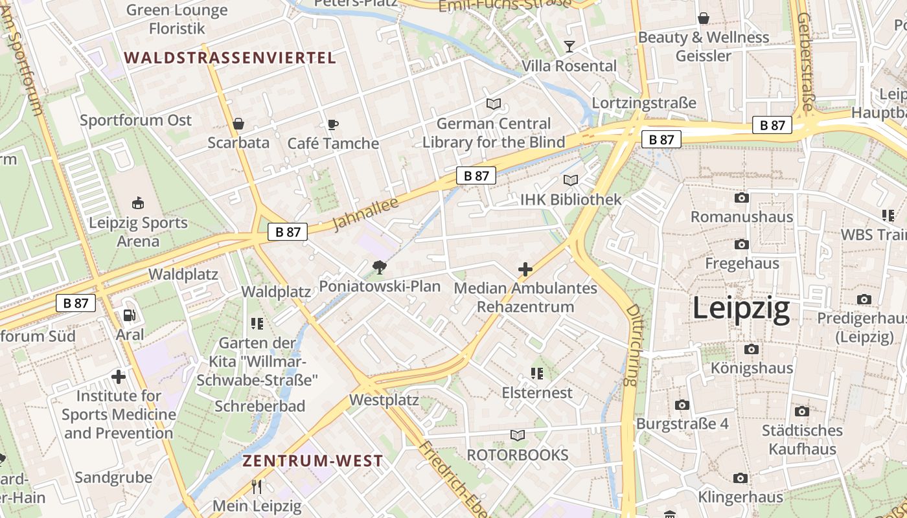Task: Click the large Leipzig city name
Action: [x=741, y=309]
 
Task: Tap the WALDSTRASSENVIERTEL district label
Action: [x=230, y=58]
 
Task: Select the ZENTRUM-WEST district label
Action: [x=312, y=461]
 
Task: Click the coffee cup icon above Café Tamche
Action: [x=332, y=124]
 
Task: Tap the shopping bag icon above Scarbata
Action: [x=238, y=124]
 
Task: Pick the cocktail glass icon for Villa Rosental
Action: [x=569, y=46]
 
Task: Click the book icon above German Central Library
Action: [x=494, y=104]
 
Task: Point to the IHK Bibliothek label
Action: [x=571, y=199]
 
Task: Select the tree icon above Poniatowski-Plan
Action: [x=380, y=267]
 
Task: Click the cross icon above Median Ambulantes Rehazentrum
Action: [x=525, y=269]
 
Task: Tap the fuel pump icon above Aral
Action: [x=130, y=315]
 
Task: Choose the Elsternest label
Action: [x=537, y=393]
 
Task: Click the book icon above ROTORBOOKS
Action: [x=517, y=435]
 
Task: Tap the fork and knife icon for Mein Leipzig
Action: [x=257, y=486]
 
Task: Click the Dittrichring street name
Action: [x=632, y=345]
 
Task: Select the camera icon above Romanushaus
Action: [x=742, y=197]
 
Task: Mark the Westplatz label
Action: [x=384, y=400]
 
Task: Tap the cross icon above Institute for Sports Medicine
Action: [x=119, y=376]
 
